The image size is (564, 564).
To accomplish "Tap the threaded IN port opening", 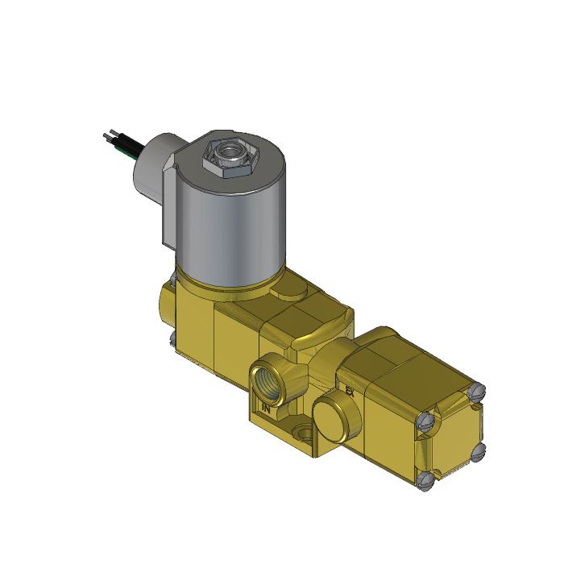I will [x=266, y=377].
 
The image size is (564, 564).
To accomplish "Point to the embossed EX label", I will [x=350, y=392].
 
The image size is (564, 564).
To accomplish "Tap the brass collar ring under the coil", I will [x=234, y=282].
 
